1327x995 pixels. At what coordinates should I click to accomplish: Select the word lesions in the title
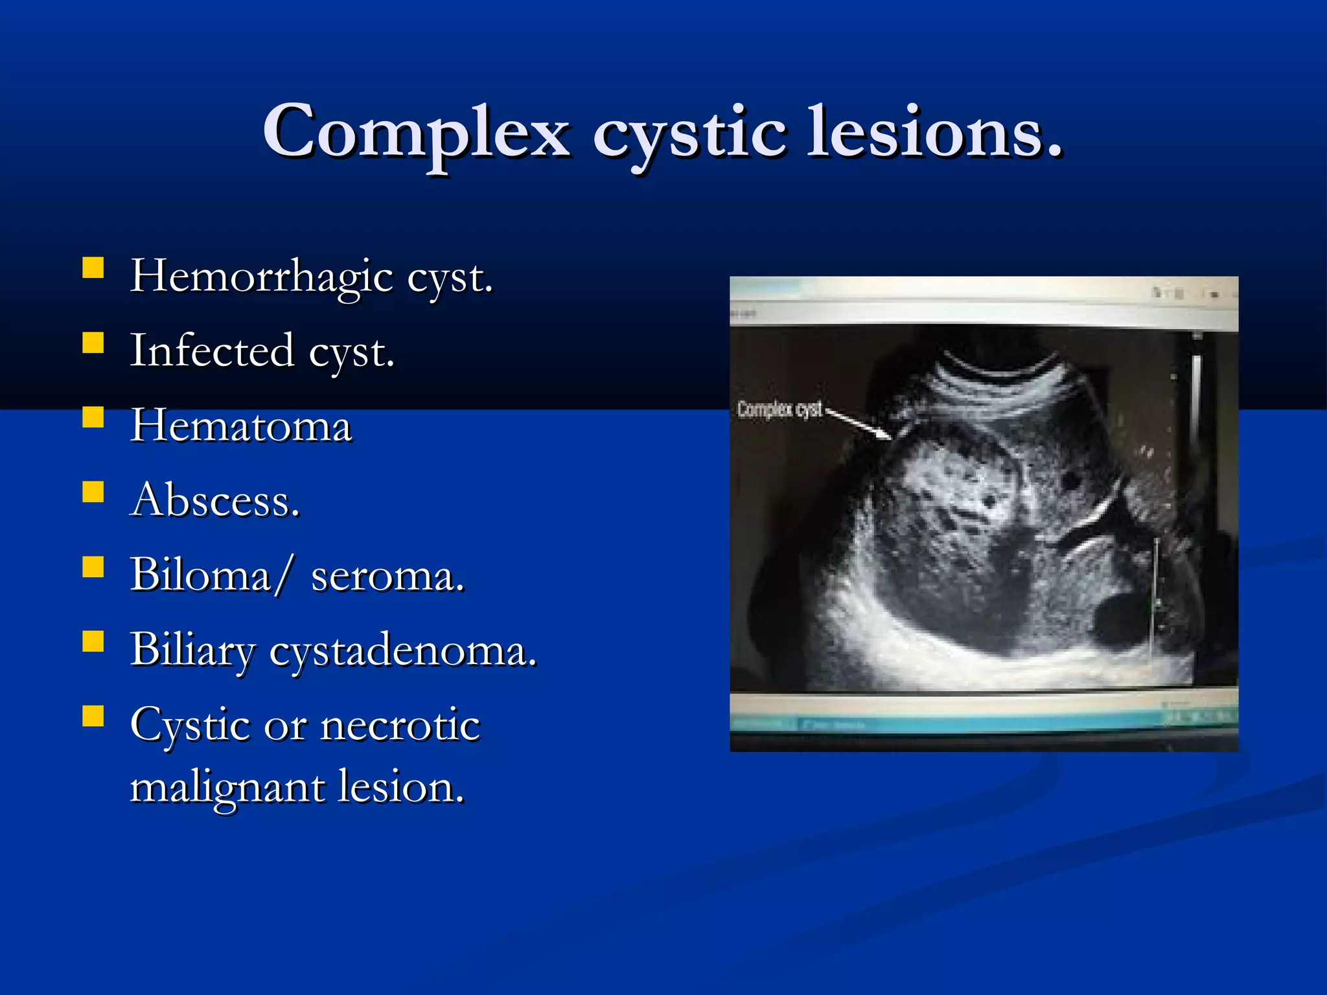(x=933, y=133)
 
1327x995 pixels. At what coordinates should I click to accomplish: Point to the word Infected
(x=212, y=351)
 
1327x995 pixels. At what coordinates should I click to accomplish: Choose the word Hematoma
(x=241, y=426)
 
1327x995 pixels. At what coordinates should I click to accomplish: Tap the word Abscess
(x=214, y=501)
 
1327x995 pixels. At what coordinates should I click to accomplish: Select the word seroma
(x=387, y=577)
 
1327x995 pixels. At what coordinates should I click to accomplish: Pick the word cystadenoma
(x=402, y=650)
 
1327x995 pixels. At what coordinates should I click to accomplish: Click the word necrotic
(x=400, y=725)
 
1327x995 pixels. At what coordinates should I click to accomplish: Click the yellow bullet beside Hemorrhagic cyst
(x=93, y=268)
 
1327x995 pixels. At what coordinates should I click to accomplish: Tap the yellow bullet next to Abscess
(x=93, y=492)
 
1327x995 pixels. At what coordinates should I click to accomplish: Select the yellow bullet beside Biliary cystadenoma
(x=93, y=642)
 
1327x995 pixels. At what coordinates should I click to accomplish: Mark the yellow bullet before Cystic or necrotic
(x=93, y=716)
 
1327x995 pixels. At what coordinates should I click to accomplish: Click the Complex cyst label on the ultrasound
(x=779, y=409)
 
